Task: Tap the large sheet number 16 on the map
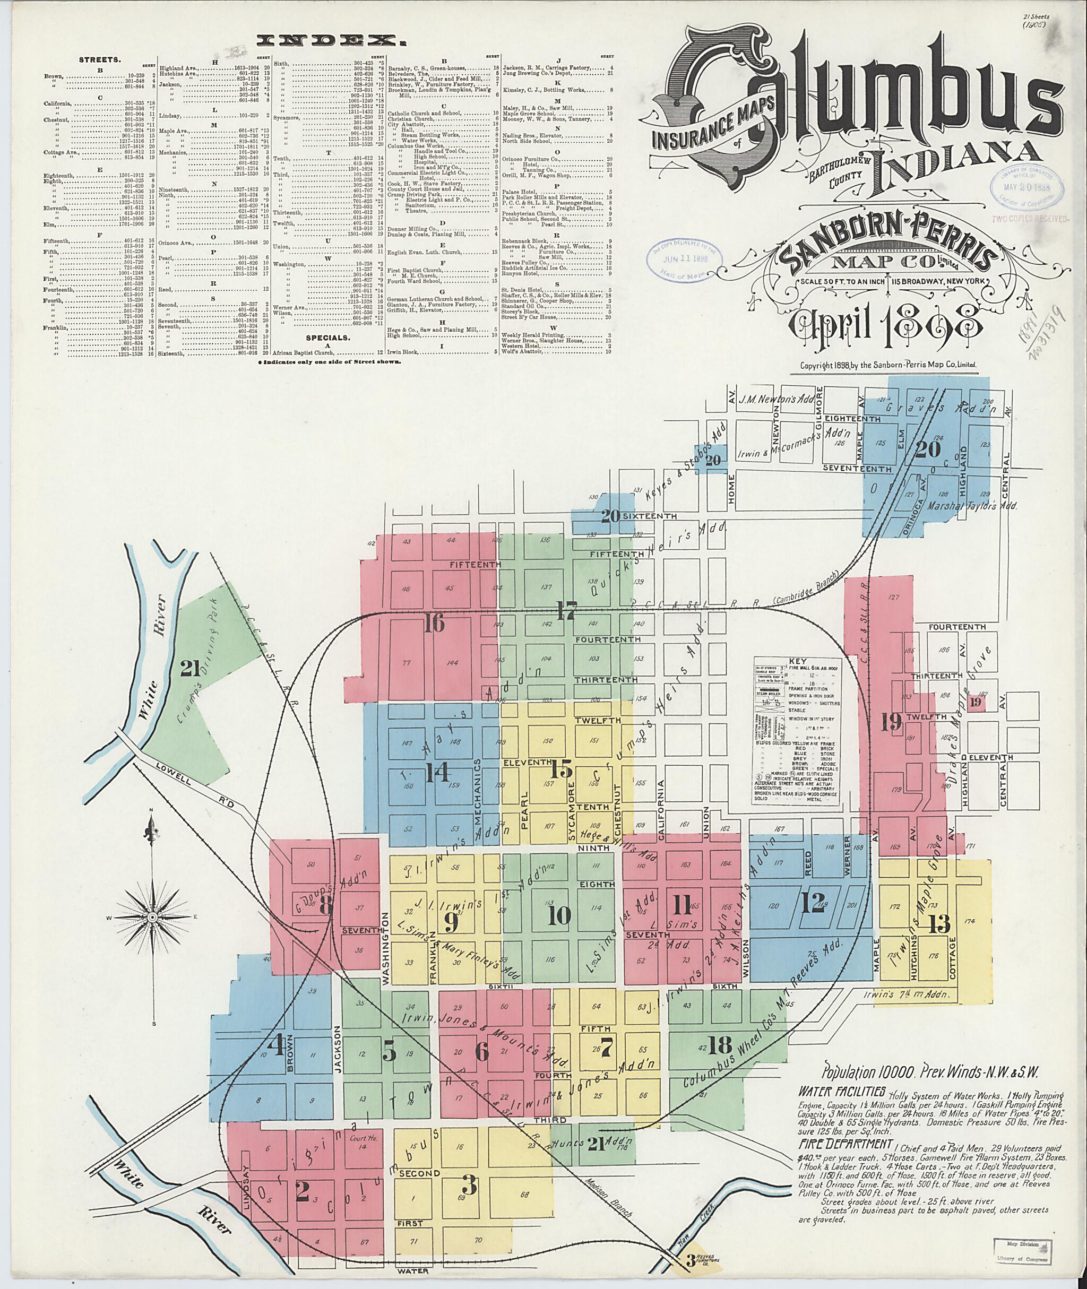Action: pyautogui.click(x=433, y=625)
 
